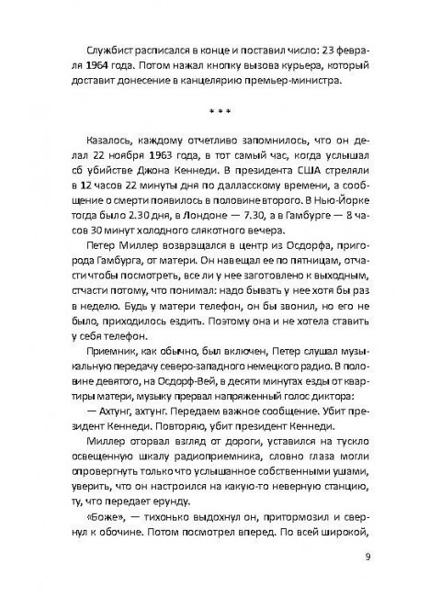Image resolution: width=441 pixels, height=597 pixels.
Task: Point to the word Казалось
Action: [104, 145]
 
